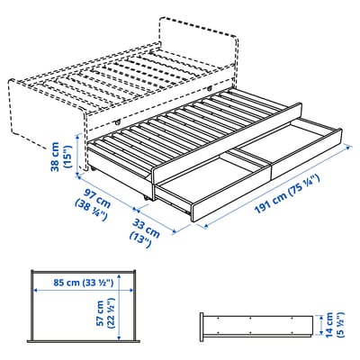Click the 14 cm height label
coord(330,323)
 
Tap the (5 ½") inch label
coord(343,323)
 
